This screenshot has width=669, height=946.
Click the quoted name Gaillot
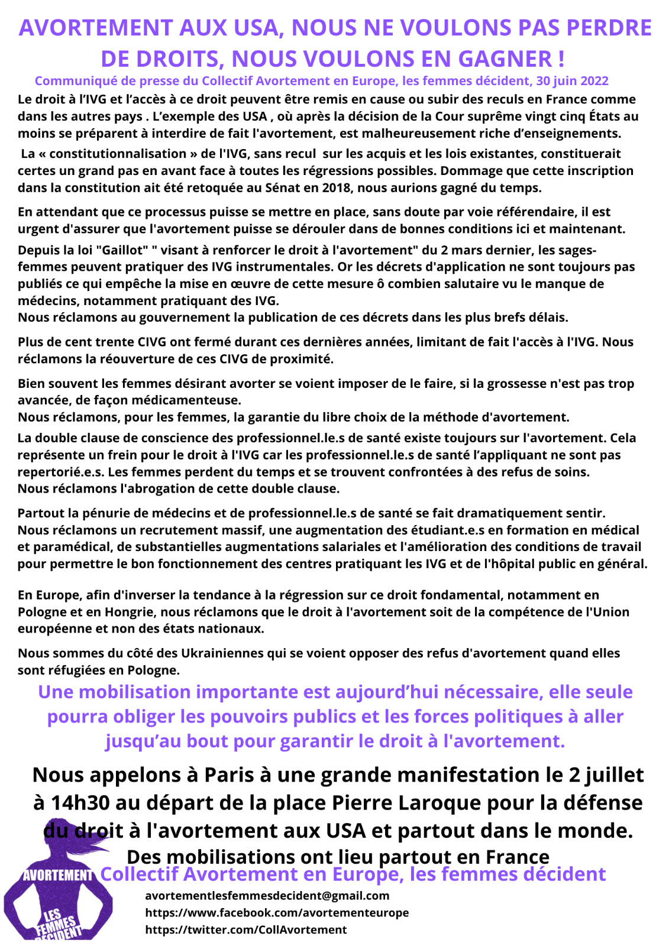(x=121, y=250)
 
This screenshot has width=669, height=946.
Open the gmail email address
(x=267, y=896)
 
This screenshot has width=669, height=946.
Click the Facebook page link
(x=277, y=913)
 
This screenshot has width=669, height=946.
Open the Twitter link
(x=245, y=930)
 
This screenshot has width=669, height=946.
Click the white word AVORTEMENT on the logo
(x=58, y=875)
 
